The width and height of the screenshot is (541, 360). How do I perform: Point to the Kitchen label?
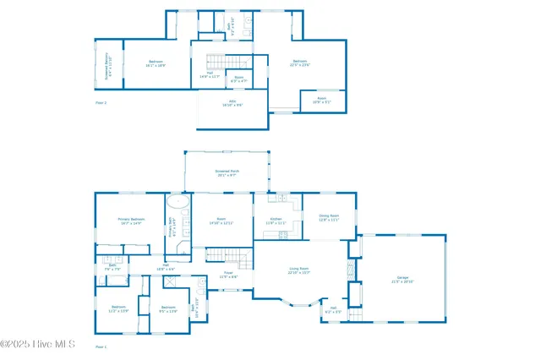[276, 221]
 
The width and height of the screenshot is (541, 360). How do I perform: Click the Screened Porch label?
[226, 173]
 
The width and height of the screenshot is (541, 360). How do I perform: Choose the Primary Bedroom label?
[132, 221]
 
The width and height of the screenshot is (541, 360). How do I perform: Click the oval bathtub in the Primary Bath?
[178, 203]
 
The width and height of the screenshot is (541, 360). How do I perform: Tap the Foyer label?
[228, 275]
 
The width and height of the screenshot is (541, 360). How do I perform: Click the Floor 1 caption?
[101, 346]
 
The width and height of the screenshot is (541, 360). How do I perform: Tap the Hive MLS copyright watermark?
[38, 344]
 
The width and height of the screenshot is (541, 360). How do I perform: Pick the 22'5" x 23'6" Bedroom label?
[300, 63]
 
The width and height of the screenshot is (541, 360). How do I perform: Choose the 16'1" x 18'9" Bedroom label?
[156, 63]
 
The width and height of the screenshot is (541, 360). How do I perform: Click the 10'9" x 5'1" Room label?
[322, 100]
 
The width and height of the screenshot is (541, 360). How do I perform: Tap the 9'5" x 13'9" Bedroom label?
[168, 309]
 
